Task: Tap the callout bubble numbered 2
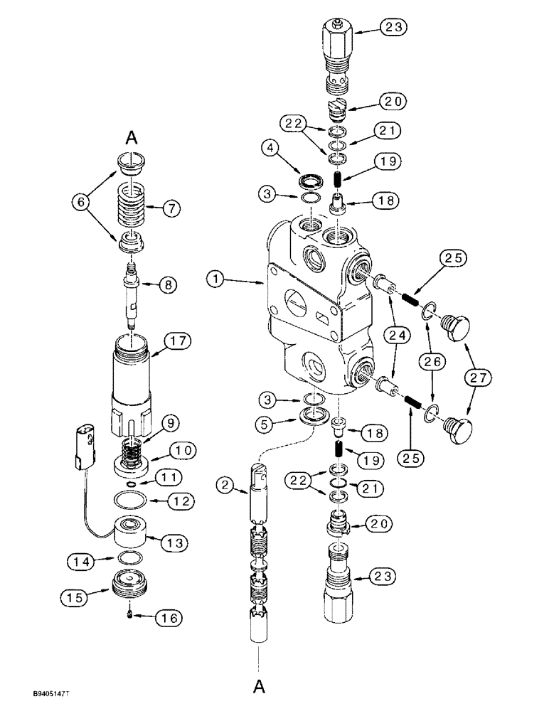(x=226, y=486)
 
